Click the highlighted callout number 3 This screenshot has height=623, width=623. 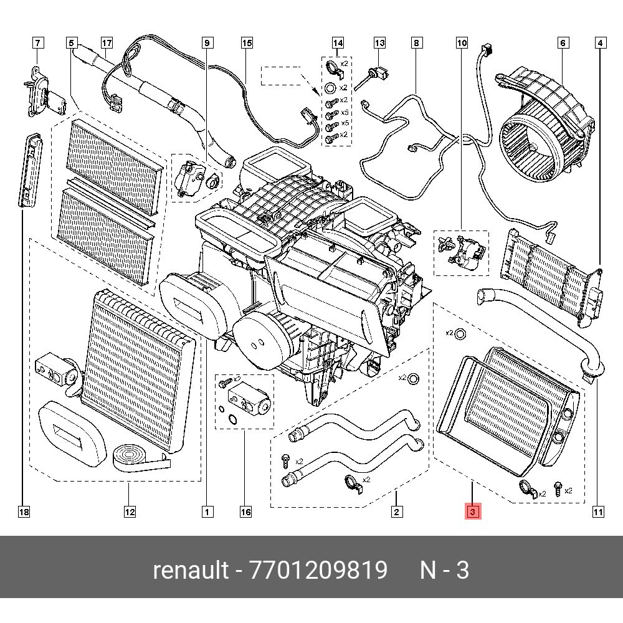472,512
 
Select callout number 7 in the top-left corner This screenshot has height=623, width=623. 39,43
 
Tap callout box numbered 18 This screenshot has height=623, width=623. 24,512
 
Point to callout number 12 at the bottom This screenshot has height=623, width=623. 129,512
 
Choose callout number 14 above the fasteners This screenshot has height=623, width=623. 338,43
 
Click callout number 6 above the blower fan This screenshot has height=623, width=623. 563,43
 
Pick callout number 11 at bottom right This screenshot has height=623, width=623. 597,512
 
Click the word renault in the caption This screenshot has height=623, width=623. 190,570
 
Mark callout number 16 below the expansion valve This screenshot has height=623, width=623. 245,512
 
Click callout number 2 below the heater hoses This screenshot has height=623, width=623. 397,512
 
